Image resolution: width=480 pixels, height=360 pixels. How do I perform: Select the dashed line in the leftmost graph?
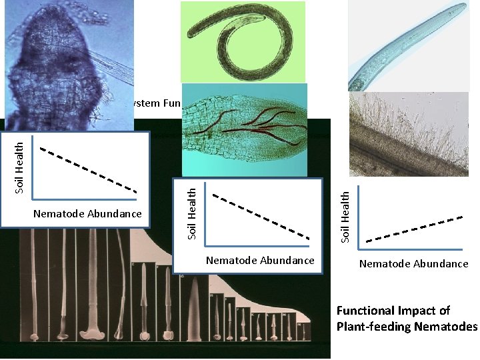89,169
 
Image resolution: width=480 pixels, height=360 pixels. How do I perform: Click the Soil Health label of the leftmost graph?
21,167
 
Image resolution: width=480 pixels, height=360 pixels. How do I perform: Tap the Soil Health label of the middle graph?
192,213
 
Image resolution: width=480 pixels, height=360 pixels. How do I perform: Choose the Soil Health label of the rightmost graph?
345,217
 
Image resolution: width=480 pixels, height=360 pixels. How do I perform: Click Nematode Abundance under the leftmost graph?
87,213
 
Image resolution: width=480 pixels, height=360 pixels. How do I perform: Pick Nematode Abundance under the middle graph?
260,260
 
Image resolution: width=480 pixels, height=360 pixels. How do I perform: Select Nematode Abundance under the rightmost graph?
413,264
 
